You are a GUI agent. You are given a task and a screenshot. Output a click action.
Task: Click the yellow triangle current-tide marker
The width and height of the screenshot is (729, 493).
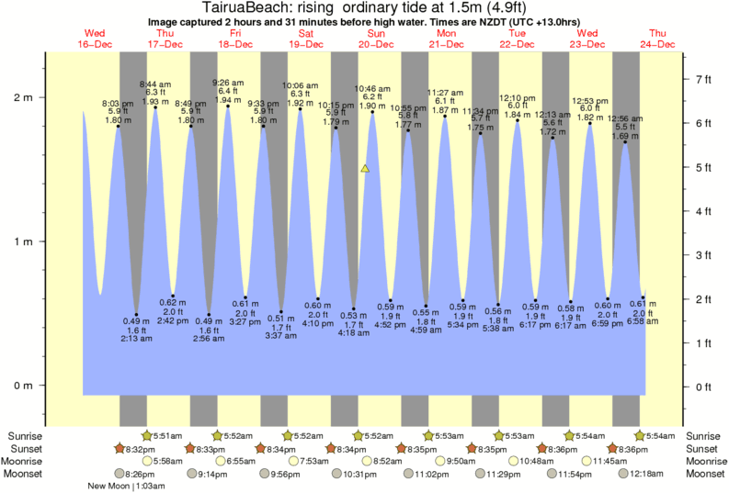(365, 169)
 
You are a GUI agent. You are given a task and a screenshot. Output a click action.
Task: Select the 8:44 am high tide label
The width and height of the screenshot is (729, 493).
(154, 84)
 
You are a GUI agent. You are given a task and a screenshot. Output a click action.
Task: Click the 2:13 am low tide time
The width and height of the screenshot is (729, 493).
(136, 339)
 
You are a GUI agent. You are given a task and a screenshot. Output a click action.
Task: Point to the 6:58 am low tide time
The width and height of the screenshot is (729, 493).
(643, 321)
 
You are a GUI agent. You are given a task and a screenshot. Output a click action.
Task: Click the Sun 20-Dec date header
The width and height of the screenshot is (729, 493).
(376, 38)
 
